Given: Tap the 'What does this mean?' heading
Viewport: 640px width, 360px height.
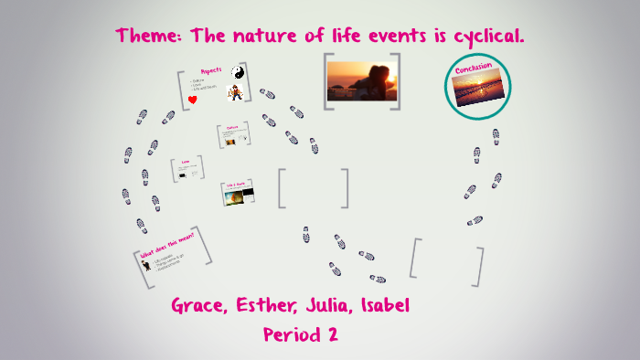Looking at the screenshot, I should (x=161, y=249).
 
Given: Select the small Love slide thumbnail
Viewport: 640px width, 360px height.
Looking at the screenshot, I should (x=187, y=169).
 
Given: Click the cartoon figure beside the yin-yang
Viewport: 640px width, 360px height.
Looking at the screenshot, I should (x=236, y=92).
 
